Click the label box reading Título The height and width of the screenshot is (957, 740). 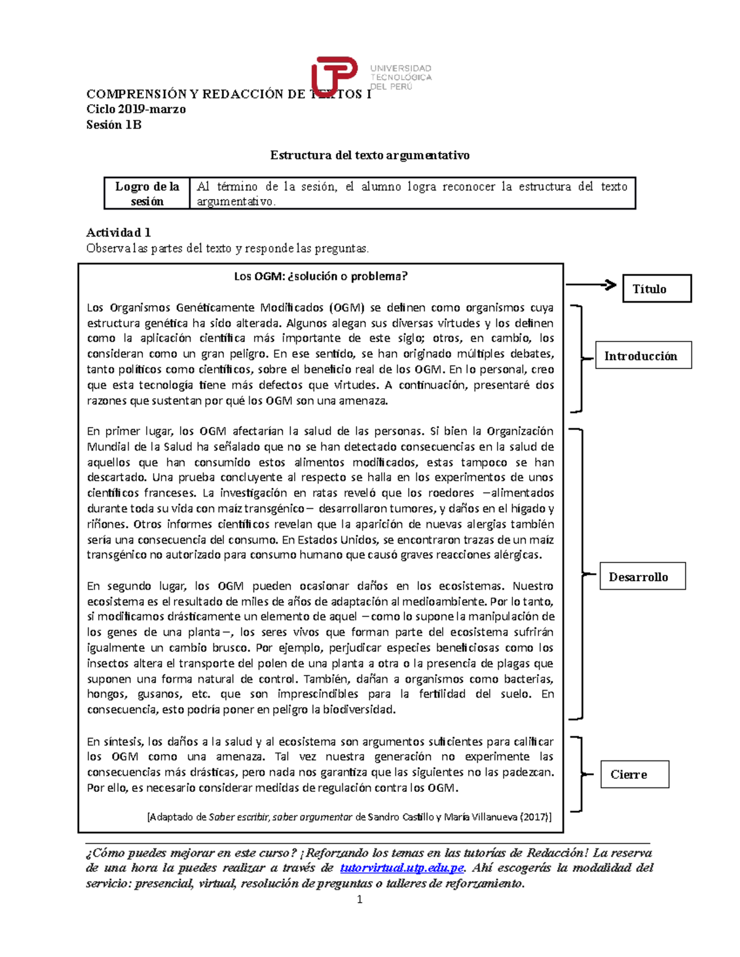tap(657, 288)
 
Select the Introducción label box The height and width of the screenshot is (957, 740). tap(643, 356)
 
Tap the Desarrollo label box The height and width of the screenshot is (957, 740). tap(643, 576)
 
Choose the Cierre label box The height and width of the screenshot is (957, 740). tap(635, 775)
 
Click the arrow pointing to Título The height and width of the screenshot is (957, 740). tap(591, 285)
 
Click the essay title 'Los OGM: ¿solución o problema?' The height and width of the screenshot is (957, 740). tap(321, 276)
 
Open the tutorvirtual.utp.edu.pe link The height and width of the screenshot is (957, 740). tap(401, 868)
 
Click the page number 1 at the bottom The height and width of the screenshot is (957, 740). tap(360, 900)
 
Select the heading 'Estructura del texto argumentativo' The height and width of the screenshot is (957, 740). tap(369, 155)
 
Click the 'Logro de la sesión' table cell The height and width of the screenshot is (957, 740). tap(147, 193)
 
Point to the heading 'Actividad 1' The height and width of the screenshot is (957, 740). tap(118, 232)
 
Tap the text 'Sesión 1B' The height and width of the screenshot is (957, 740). tap(114, 124)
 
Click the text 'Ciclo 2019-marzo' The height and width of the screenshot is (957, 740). tap(136, 109)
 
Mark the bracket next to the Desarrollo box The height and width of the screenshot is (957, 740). tap(578, 574)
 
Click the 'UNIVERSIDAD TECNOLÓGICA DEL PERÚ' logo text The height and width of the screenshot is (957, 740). tap(401, 77)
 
